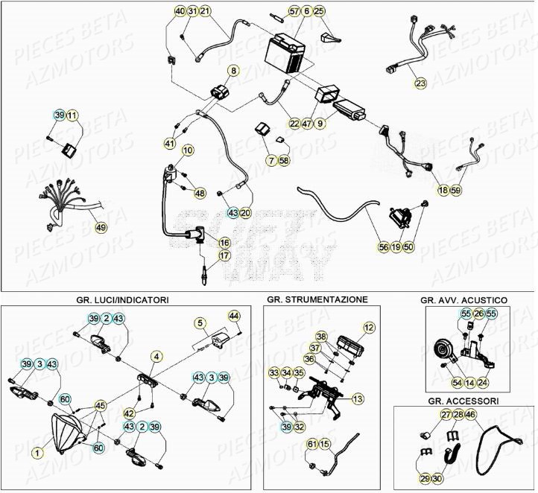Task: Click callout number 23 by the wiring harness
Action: tap(420, 83)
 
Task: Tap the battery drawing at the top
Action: tap(285, 54)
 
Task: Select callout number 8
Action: tap(232, 71)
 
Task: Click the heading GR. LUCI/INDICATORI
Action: tap(122, 299)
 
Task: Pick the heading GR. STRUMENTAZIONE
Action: tap(317, 299)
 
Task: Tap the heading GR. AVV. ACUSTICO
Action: tap(463, 299)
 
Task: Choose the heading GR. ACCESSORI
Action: tap(463, 400)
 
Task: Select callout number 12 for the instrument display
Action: tap(368, 327)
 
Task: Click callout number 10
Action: tap(187, 150)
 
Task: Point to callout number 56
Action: tap(383, 246)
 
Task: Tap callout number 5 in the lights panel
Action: tap(200, 322)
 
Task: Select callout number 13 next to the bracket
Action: tap(358, 399)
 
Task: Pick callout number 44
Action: tap(233, 316)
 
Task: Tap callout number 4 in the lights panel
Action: tap(156, 357)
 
